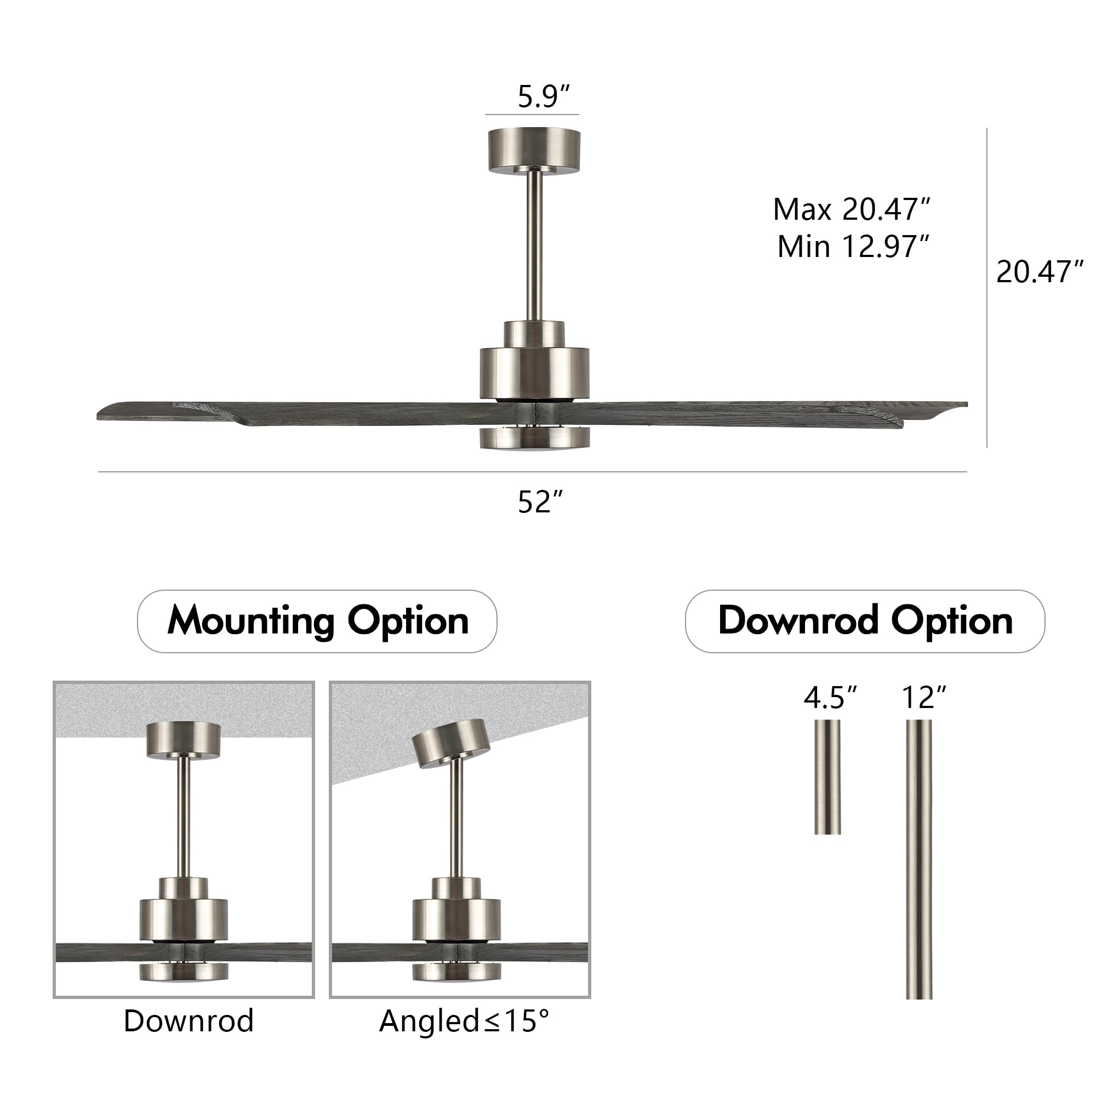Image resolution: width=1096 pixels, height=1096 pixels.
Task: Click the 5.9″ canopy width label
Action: tap(543, 96)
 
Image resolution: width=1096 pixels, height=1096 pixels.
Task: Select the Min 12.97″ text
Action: tap(853, 247)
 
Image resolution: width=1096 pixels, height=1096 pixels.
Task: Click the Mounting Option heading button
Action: tap(317, 621)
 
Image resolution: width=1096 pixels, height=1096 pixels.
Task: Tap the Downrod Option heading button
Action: tap(865, 621)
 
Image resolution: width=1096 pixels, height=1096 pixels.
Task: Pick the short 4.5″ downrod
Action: tap(827, 777)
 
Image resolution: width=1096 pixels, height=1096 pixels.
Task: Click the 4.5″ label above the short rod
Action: tap(829, 698)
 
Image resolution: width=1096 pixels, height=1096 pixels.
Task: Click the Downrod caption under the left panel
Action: tap(189, 1021)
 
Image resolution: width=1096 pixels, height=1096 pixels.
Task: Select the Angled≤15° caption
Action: tap(464, 1021)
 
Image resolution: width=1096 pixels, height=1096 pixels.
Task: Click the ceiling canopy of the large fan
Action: tap(534, 150)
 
